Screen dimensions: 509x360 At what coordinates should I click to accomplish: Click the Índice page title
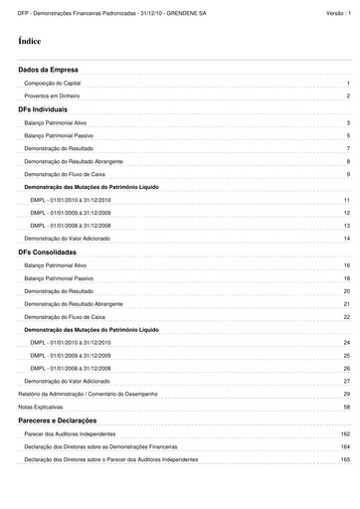pyautogui.click(x=30, y=41)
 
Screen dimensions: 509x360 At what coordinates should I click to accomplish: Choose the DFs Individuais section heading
pyautogui.click(x=44, y=108)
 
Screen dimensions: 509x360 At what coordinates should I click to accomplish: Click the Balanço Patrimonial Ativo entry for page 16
pyautogui.click(x=63, y=266)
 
